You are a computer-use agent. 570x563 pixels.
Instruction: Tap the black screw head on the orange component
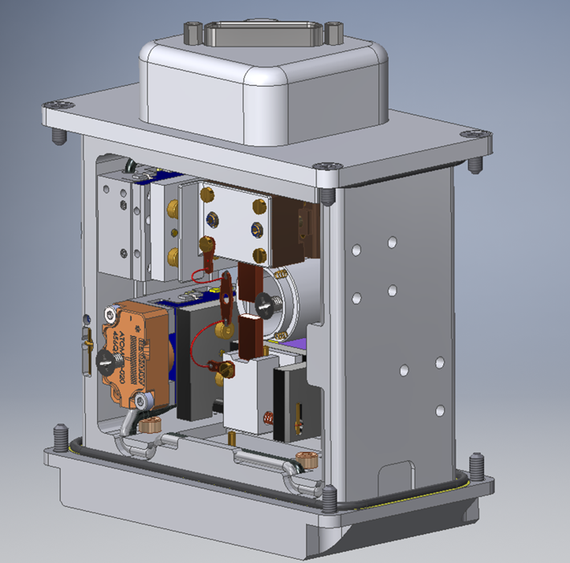[104, 362]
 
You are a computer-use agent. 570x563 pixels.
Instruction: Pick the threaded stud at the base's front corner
[329, 500]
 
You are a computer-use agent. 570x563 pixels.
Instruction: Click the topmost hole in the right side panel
[391, 242]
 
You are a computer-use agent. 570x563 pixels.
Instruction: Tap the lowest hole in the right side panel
[439, 411]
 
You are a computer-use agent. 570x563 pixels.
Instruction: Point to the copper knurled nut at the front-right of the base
[304, 461]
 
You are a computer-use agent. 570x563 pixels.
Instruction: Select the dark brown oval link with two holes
[226, 295]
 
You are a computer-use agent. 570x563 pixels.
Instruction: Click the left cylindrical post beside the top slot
[193, 32]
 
